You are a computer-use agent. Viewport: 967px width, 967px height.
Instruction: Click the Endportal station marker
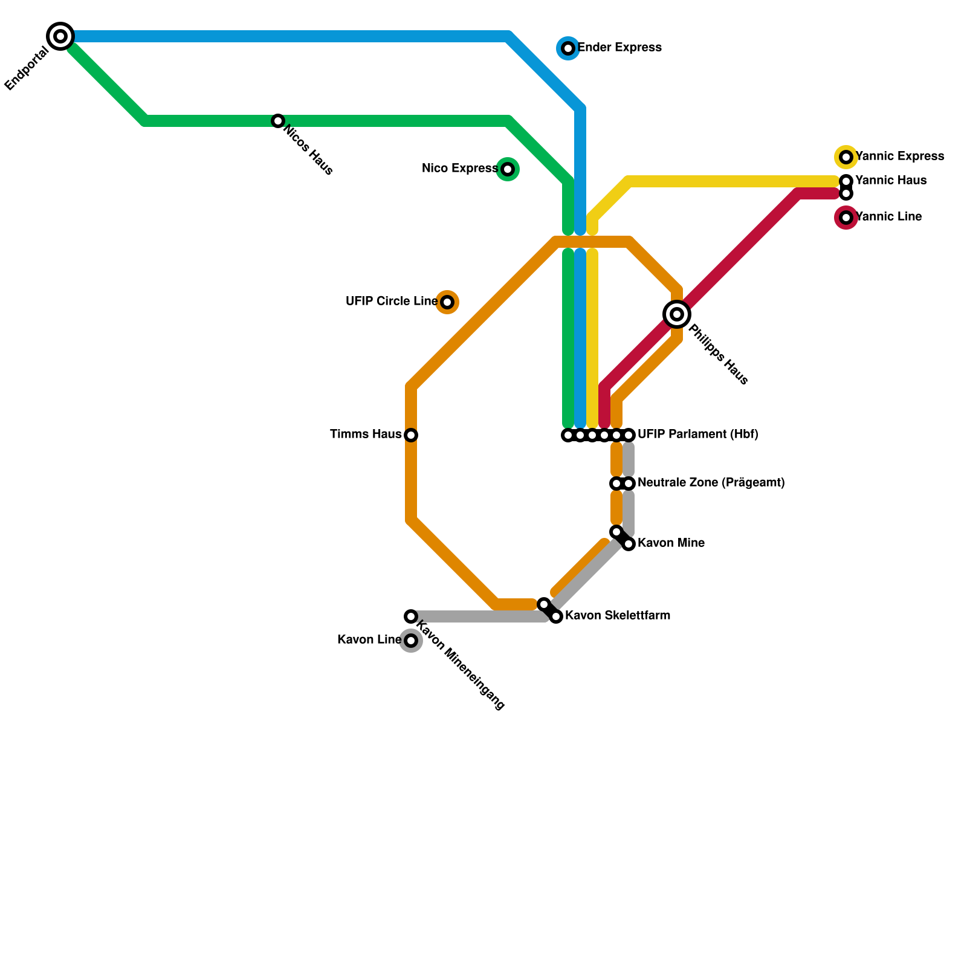click(x=60, y=36)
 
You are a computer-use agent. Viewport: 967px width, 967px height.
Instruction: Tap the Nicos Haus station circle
click(x=278, y=121)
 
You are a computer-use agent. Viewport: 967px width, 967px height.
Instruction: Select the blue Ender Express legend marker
click(x=568, y=48)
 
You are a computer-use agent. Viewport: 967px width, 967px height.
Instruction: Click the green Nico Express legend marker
click(x=508, y=169)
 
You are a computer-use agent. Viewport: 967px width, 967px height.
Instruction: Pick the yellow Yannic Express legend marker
click(x=846, y=157)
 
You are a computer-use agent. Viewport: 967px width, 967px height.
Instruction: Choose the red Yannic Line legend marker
click(x=846, y=218)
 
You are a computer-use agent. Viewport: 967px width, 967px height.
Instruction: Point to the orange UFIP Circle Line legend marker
click(x=447, y=302)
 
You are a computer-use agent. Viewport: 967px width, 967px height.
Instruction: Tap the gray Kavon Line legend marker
click(x=411, y=641)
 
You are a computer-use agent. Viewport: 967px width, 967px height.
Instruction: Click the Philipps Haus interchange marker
click(x=677, y=314)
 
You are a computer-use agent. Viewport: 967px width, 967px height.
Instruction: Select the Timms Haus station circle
click(x=411, y=435)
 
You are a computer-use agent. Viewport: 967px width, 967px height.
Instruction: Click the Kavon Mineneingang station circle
click(x=411, y=616)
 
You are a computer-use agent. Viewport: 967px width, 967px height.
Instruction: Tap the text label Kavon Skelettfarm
click(x=618, y=616)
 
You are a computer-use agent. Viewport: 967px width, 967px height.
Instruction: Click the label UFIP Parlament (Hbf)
click(x=698, y=435)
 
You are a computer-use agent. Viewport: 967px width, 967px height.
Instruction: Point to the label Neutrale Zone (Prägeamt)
click(x=711, y=483)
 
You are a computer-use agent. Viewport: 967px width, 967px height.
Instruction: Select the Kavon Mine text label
click(x=671, y=543)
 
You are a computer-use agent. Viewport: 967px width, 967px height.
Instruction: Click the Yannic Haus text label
click(x=891, y=181)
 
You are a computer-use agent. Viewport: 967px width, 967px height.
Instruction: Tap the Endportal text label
click(x=27, y=69)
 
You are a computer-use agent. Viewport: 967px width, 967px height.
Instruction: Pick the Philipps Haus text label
click(x=718, y=355)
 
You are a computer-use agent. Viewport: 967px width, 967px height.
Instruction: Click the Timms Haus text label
click(x=366, y=435)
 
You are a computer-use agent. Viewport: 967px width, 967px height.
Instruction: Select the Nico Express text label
click(x=459, y=169)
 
